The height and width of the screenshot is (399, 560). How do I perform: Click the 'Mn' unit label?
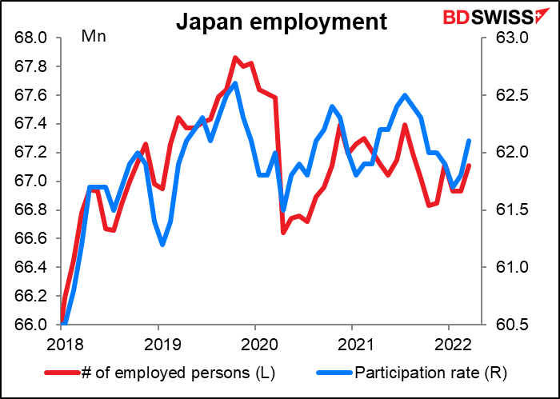point(94,36)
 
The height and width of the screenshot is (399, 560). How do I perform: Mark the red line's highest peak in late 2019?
point(235,58)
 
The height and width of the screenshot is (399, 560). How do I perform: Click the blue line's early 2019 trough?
point(162,244)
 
